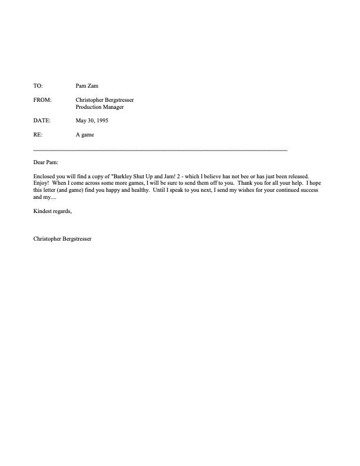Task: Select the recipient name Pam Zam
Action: click(x=87, y=86)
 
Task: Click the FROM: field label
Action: click(x=42, y=100)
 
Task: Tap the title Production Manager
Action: click(x=99, y=107)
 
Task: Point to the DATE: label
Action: click(x=42, y=121)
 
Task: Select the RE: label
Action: click(x=38, y=135)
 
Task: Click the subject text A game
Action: click(x=85, y=135)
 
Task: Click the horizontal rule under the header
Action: click(x=161, y=151)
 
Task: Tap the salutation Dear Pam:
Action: click(x=46, y=162)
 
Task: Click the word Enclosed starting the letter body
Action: click(x=45, y=176)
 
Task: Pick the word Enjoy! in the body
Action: click(x=42, y=183)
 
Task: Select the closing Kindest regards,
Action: click(x=53, y=211)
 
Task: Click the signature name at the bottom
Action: click(x=62, y=239)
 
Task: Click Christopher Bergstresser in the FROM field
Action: click(x=105, y=100)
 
